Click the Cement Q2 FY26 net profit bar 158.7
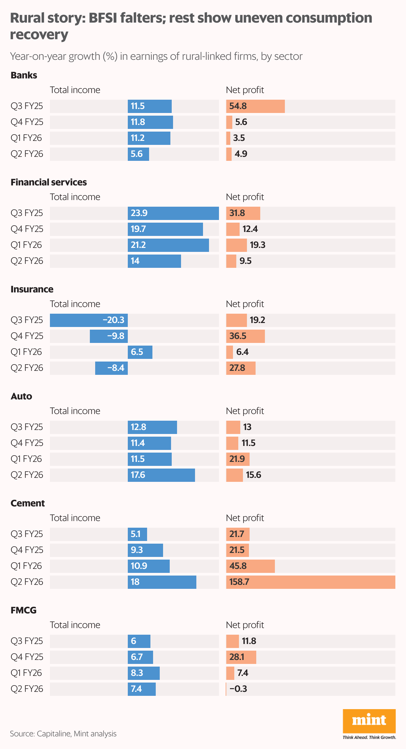(x=310, y=582)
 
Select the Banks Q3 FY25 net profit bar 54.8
(x=255, y=106)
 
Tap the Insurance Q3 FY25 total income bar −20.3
(x=89, y=320)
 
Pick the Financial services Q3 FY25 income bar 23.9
(x=173, y=213)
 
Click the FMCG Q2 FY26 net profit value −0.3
(x=238, y=689)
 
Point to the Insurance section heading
(x=32, y=289)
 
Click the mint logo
(x=369, y=721)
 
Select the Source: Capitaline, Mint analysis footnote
(x=63, y=734)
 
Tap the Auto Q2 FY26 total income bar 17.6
(x=161, y=475)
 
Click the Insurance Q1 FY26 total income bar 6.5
(x=140, y=352)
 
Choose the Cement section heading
(x=28, y=503)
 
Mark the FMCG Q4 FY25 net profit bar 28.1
(x=241, y=657)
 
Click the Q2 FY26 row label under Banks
(x=27, y=154)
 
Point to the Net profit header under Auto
(x=245, y=411)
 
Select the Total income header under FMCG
(x=75, y=625)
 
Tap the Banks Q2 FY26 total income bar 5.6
(x=138, y=154)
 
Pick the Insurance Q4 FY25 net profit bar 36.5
(x=245, y=336)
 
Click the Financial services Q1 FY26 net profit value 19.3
(x=258, y=245)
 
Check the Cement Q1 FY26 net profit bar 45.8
(x=250, y=566)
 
